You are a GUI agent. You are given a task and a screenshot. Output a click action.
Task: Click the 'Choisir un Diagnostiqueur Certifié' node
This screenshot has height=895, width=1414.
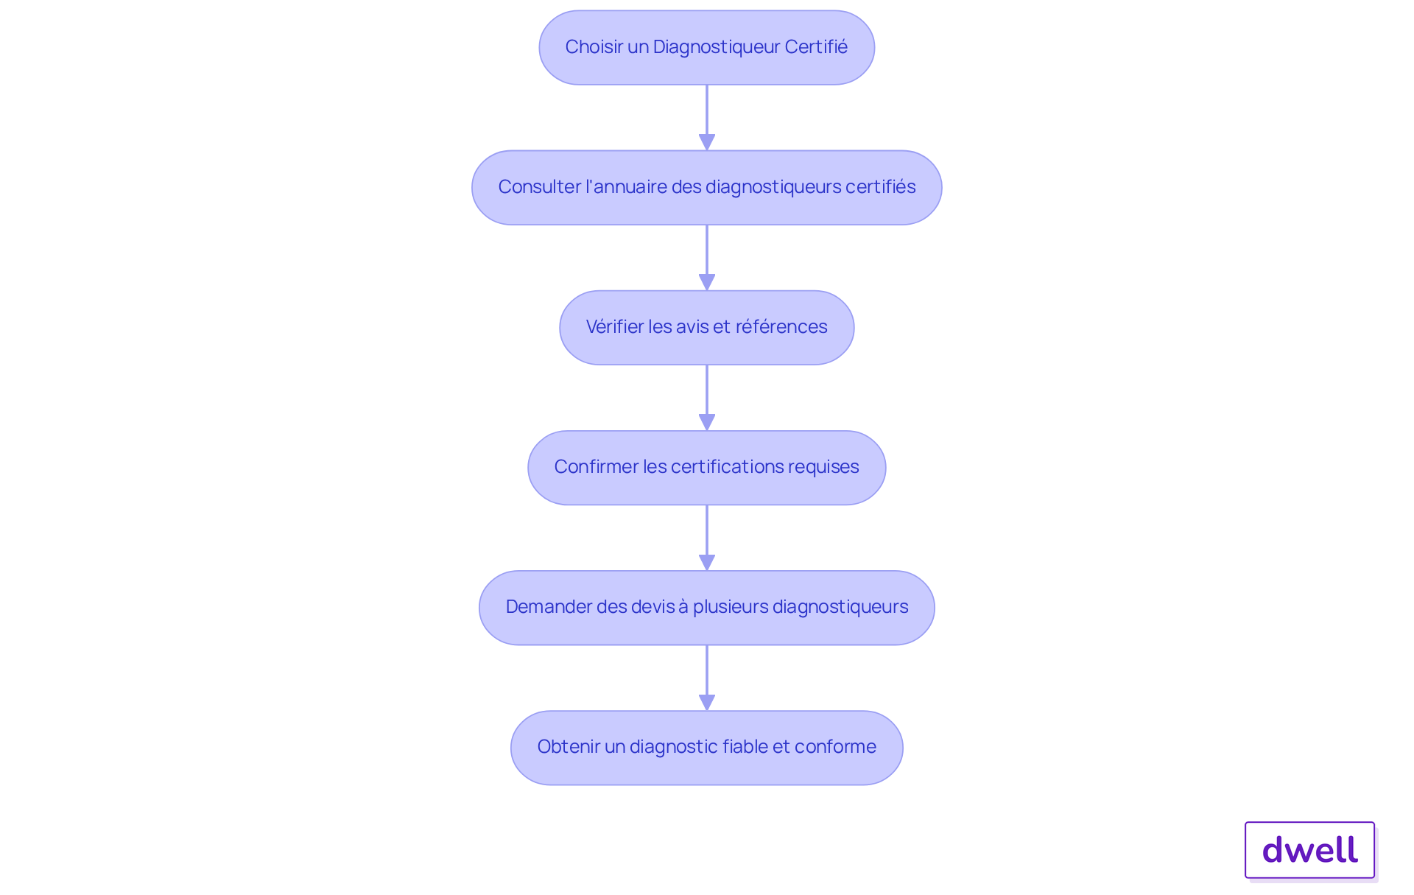coord(707,47)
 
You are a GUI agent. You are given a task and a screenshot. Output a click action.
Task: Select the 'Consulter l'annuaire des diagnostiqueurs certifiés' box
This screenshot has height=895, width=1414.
coord(707,187)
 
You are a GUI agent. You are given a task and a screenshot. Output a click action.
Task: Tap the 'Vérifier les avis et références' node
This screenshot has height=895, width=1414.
coord(707,327)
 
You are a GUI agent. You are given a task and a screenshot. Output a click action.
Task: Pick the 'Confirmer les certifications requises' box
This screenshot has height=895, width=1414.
coord(707,467)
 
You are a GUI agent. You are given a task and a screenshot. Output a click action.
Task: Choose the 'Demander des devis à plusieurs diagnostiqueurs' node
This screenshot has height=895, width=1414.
coord(707,608)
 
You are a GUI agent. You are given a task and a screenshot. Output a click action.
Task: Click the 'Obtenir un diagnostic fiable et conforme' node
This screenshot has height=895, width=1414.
coord(707,748)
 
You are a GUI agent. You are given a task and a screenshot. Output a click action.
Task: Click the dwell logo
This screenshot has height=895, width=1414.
coord(1310,850)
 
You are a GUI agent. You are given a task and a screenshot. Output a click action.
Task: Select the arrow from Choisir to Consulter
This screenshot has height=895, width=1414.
coord(707,118)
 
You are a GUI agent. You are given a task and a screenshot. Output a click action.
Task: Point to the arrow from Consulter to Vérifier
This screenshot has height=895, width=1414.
coord(707,258)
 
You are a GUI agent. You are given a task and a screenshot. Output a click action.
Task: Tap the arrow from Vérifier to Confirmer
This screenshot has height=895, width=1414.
coord(707,398)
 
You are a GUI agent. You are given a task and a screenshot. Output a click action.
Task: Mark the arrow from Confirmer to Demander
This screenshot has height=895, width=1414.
coord(707,538)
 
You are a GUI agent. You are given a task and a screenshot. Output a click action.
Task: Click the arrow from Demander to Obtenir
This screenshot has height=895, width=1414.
coord(707,678)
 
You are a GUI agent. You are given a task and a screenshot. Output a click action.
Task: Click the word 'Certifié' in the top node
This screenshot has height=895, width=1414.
coord(816,46)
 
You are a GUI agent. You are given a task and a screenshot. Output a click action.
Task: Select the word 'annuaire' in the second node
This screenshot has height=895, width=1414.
coord(628,186)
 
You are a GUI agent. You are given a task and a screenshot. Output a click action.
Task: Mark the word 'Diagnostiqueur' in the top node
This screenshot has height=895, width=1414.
coord(716,47)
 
